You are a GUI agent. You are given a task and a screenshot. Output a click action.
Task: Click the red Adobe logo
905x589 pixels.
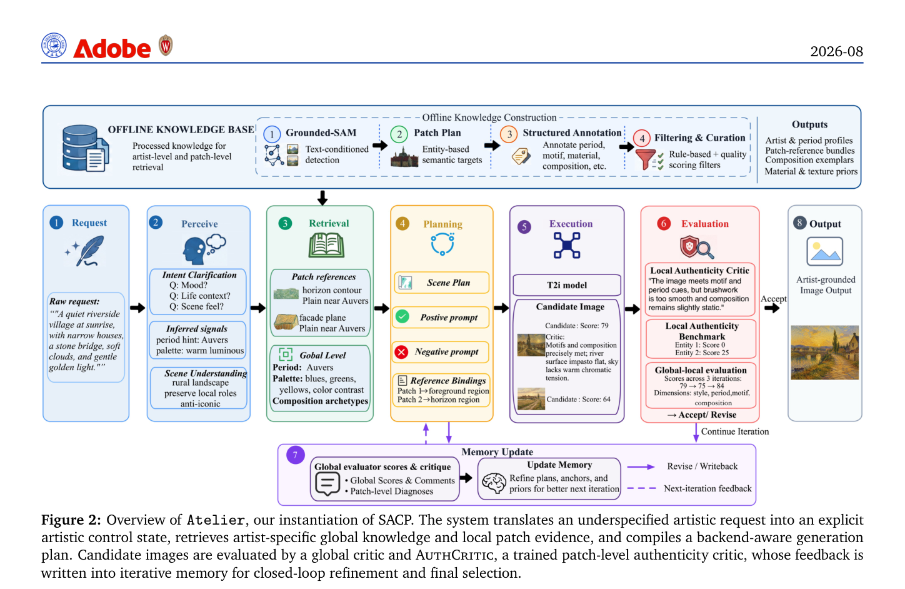point(112,49)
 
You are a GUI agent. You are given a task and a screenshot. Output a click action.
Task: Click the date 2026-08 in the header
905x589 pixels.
point(836,51)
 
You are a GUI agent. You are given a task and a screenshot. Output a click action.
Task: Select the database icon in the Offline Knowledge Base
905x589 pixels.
point(85,148)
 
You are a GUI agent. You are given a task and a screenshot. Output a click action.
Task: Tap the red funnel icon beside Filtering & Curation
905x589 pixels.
point(645,159)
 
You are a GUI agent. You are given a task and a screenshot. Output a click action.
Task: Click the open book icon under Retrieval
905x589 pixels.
point(326,245)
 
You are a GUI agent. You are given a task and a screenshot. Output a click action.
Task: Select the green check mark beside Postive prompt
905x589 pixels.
point(402,316)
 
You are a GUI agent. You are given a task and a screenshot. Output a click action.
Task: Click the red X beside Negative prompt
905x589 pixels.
point(402,351)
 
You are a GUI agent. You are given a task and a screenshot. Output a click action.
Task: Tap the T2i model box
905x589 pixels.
point(567,285)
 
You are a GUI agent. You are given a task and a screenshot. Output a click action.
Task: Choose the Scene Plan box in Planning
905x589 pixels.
point(442,283)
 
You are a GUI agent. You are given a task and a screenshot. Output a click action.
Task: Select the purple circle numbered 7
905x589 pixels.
point(296,455)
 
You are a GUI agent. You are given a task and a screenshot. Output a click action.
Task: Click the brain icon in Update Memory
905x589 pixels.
point(494,482)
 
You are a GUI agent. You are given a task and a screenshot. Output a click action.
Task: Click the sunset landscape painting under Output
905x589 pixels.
point(824,352)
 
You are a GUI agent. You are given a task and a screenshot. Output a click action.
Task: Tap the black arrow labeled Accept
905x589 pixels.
point(772,308)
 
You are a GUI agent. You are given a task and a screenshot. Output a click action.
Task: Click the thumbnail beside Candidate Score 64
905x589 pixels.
point(531,399)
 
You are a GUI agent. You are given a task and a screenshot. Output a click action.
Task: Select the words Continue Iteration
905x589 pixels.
point(735,431)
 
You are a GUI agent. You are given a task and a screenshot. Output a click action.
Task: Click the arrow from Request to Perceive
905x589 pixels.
point(137,308)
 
